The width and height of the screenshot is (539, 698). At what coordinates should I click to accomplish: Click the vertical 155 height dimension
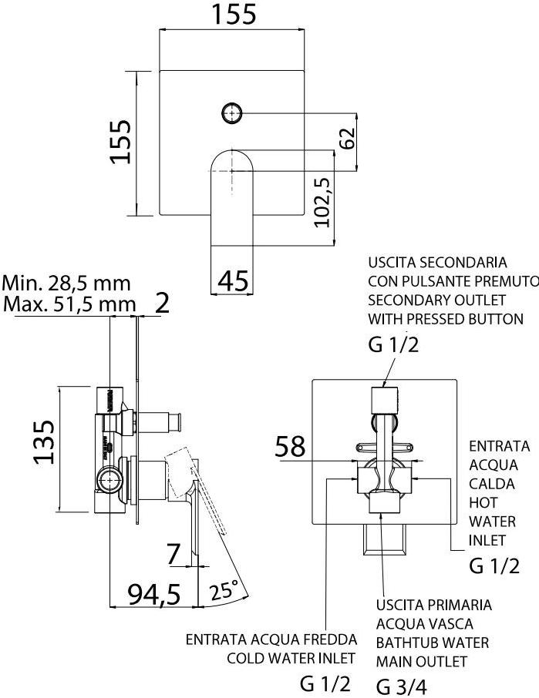(120, 143)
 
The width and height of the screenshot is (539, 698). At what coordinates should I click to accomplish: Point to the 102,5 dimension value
(322, 202)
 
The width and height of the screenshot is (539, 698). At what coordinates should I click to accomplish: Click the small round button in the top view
(231, 114)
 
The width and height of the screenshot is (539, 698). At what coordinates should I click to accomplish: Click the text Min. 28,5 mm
(66, 283)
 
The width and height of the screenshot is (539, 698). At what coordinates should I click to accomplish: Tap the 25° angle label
(224, 592)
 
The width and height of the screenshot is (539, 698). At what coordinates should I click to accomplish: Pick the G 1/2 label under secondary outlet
(393, 344)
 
